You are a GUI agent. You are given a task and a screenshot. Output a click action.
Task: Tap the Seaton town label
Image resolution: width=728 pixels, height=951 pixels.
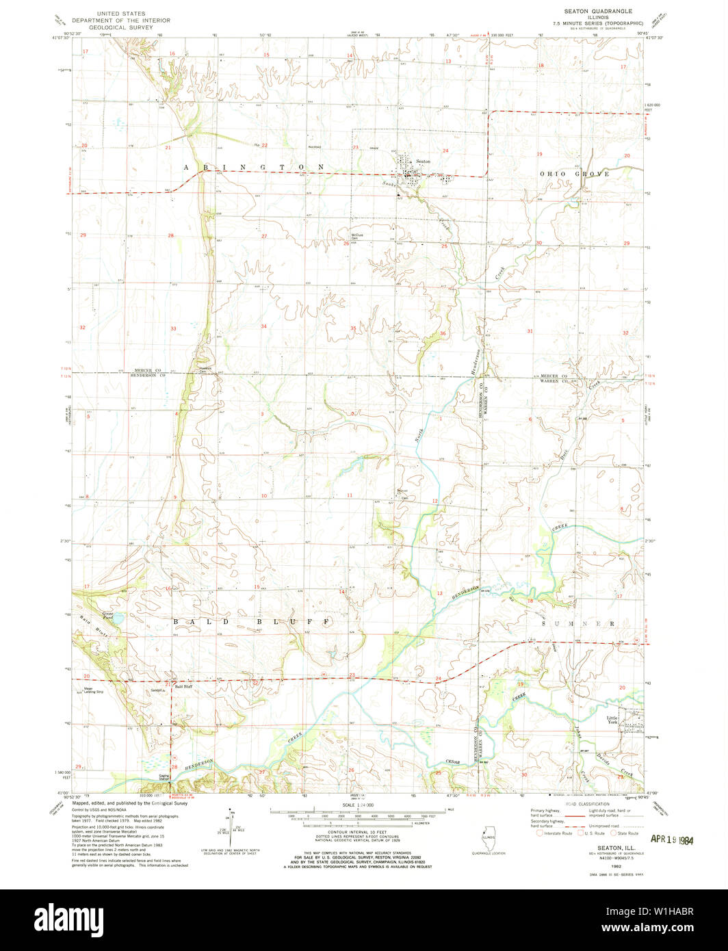[x=423, y=161]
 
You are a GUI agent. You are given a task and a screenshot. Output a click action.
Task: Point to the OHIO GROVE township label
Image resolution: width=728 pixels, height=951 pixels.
[x=574, y=174]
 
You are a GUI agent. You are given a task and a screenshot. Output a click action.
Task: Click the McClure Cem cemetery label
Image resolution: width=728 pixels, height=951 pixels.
[x=350, y=237]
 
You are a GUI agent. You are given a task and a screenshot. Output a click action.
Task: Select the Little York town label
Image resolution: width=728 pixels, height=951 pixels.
[x=612, y=720]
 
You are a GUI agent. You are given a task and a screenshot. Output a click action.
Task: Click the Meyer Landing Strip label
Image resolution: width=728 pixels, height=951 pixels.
[x=94, y=690]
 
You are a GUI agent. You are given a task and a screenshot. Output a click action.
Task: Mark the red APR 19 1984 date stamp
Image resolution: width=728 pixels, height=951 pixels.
[x=671, y=838]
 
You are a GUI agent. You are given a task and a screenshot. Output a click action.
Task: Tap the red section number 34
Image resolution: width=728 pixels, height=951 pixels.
[x=263, y=326]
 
